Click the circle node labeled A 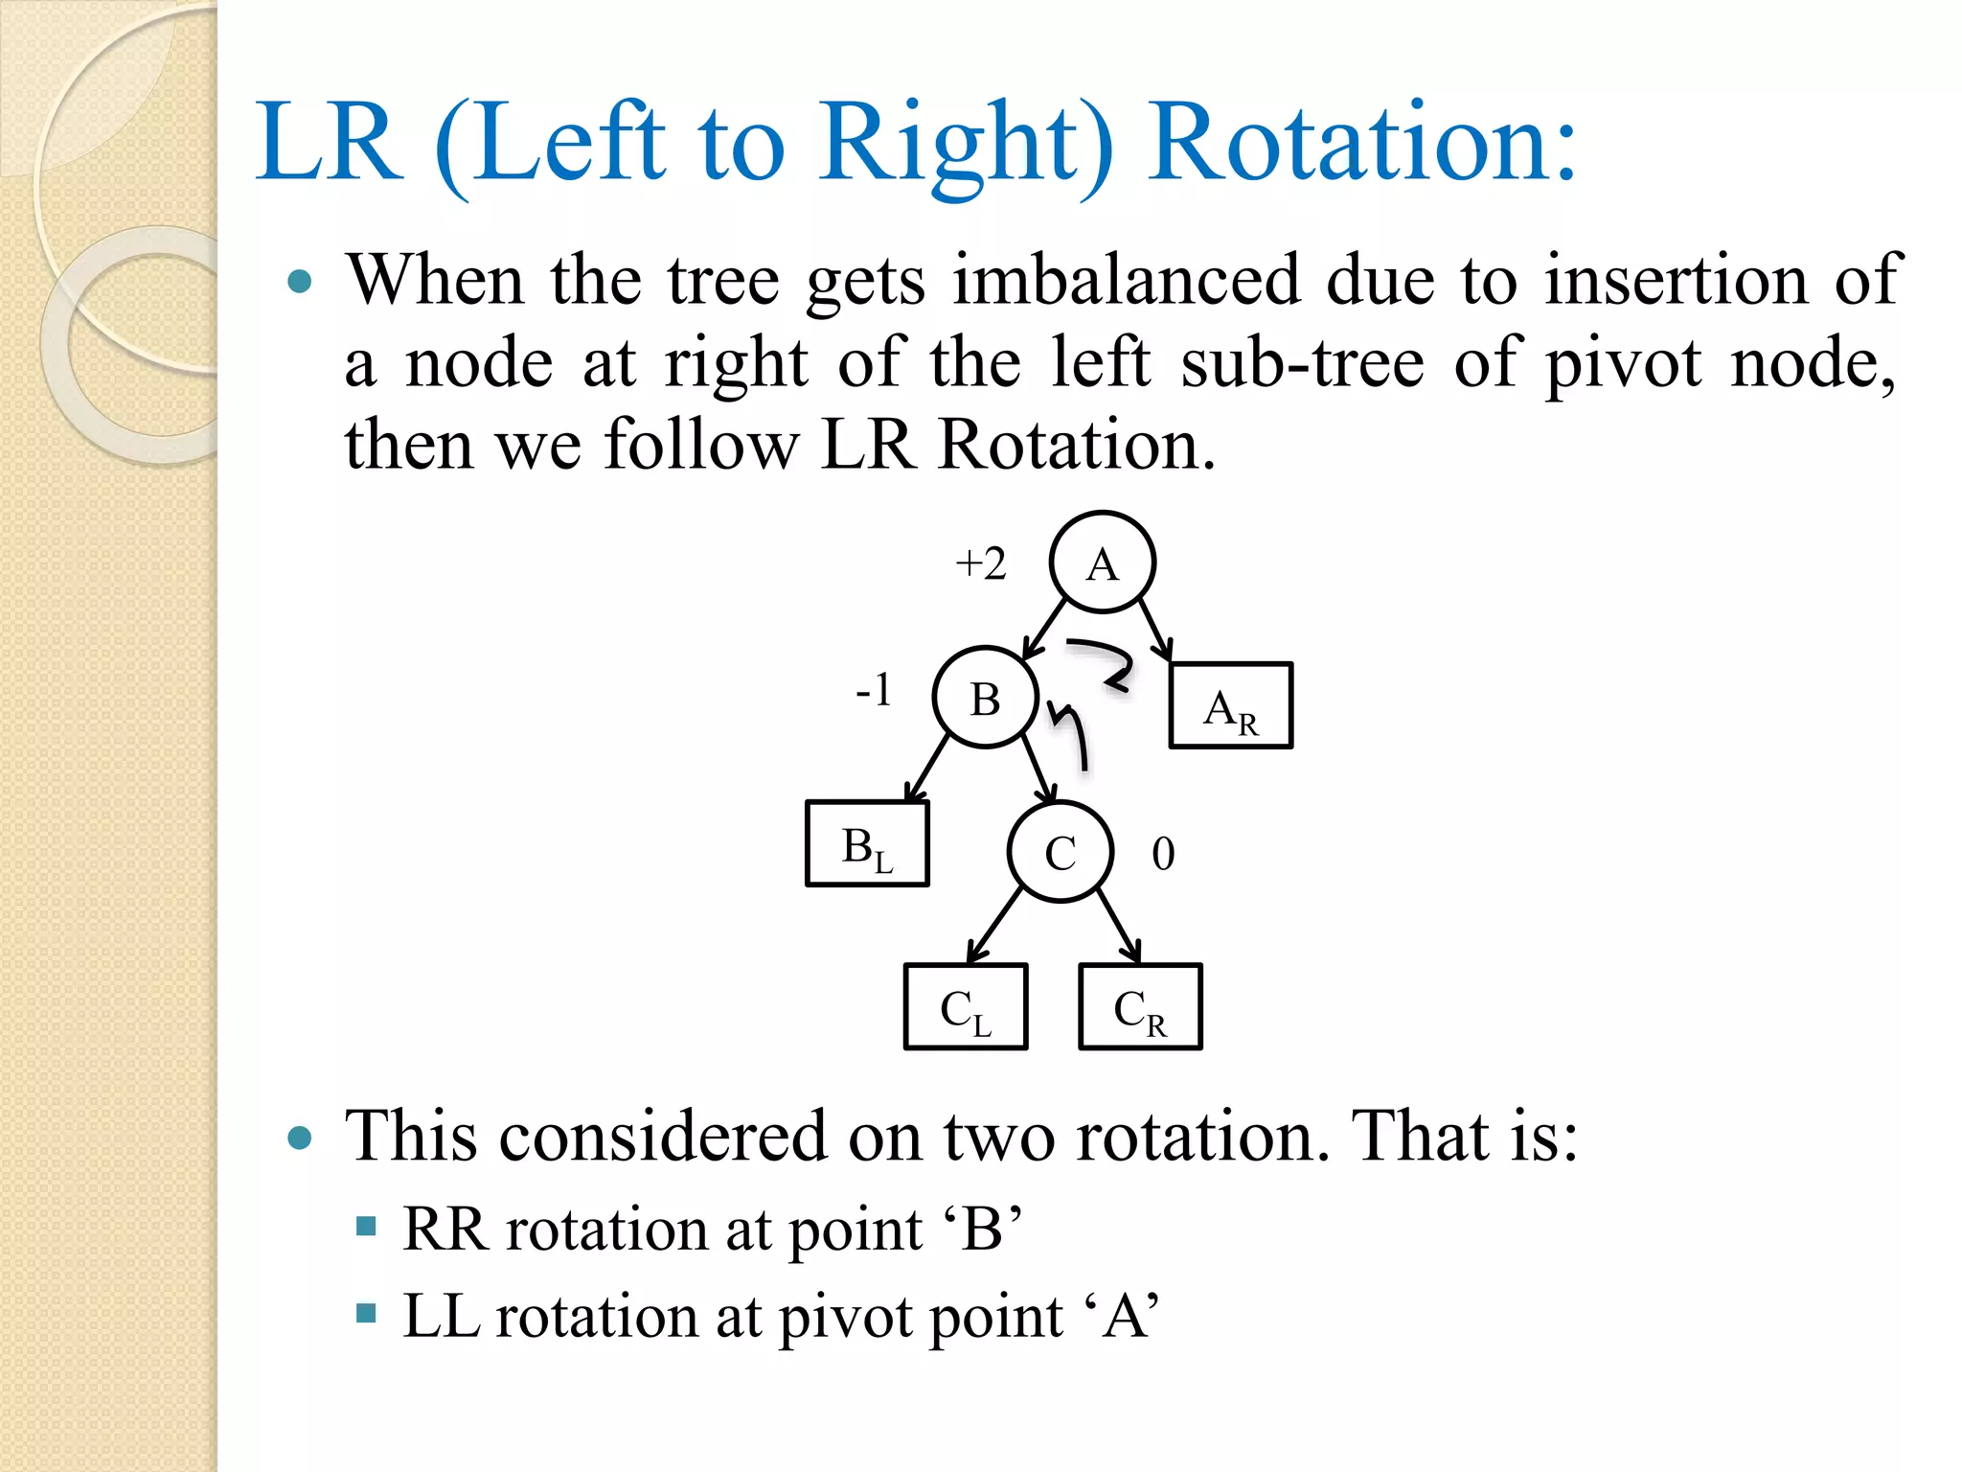[x=1102, y=563]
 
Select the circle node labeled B [x=985, y=698]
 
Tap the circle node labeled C [x=1060, y=852]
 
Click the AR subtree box [x=1230, y=705]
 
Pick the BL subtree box [x=867, y=844]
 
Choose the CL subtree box [x=966, y=1007]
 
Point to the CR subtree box [x=1140, y=1007]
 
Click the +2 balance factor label [x=981, y=563]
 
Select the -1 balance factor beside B [x=874, y=690]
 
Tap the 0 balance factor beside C [x=1163, y=853]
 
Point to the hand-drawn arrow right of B [x=1071, y=733]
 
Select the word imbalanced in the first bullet [x=1126, y=280]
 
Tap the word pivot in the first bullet [x=1624, y=364]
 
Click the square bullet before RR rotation [x=366, y=1226]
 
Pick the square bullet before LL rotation [x=366, y=1312]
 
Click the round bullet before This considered [x=300, y=1138]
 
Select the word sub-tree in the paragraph [x=1302, y=364]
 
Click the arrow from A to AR [x=1154, y=631]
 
